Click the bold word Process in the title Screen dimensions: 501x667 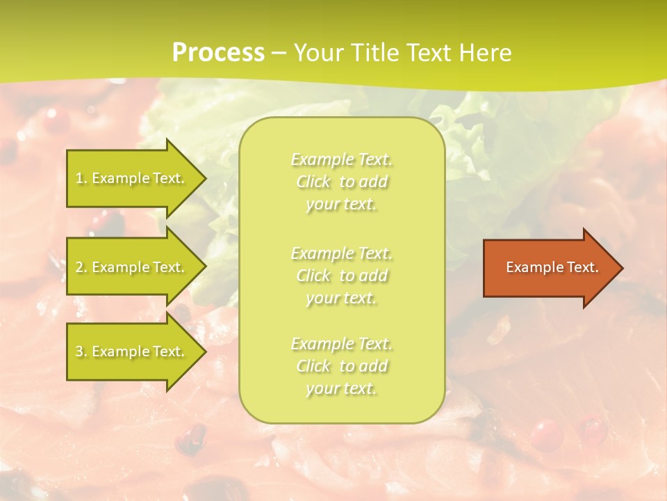218,53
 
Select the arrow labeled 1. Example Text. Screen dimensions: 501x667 132,178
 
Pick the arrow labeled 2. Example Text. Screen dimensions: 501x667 132,267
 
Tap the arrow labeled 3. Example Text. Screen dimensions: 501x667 132,351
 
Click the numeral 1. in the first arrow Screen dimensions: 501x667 81,178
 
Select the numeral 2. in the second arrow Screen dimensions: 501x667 81,267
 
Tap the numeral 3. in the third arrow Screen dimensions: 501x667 81,351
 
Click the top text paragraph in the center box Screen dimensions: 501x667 341,182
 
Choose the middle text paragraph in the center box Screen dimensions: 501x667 341,276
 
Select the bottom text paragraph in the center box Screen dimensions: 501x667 341,366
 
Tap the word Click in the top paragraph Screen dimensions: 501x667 315,182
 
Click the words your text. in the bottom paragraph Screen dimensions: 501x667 341,388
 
